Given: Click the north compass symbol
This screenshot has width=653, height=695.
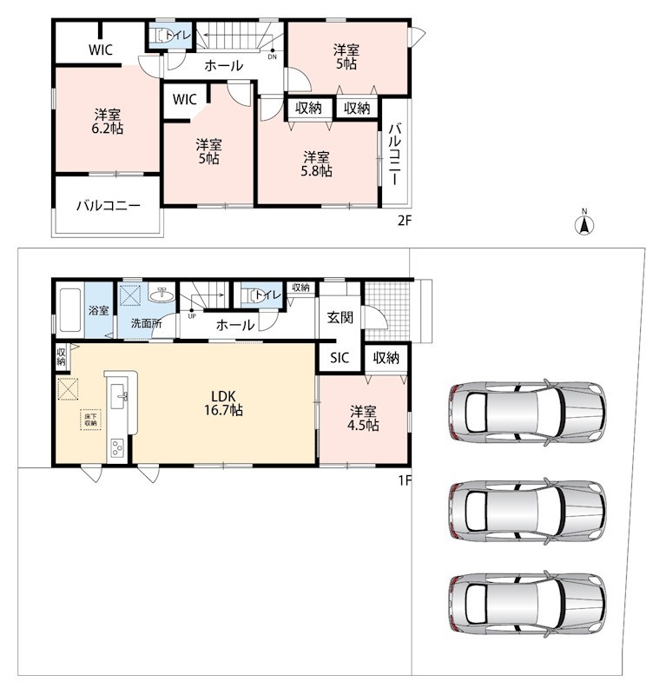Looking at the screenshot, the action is [x=584, y=224].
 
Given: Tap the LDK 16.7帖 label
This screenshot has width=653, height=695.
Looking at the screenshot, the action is [x=223, y=403].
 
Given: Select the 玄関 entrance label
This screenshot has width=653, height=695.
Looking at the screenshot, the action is [x=340, y=317].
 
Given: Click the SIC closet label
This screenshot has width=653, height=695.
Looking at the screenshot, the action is [x=340, y=358].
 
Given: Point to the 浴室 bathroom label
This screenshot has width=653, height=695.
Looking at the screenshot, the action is [x=98, y=310].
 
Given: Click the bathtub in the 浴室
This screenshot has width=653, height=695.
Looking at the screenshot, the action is [x=69, y=310].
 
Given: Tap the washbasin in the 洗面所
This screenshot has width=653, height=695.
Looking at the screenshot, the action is [x=162, y=295].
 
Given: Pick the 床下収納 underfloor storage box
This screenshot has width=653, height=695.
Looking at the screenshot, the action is [x=91, y=420].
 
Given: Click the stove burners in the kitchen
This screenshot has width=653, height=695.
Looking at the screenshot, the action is [x=117, y=447].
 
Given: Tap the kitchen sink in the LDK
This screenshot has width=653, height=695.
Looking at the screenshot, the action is [x=119, y=396].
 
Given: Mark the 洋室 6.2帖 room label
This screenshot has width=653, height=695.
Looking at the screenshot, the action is [x=108, y=122].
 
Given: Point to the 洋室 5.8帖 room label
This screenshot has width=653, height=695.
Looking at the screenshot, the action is [x=316, y=163].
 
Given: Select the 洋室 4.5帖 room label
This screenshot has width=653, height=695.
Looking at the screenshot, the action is [x=363, y=418].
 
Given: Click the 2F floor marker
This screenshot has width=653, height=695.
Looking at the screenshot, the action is [x=405, y=221].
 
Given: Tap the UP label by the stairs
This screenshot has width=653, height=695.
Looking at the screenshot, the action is [x=192, y=316].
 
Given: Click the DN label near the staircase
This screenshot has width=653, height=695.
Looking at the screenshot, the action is [x=272, y=57].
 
